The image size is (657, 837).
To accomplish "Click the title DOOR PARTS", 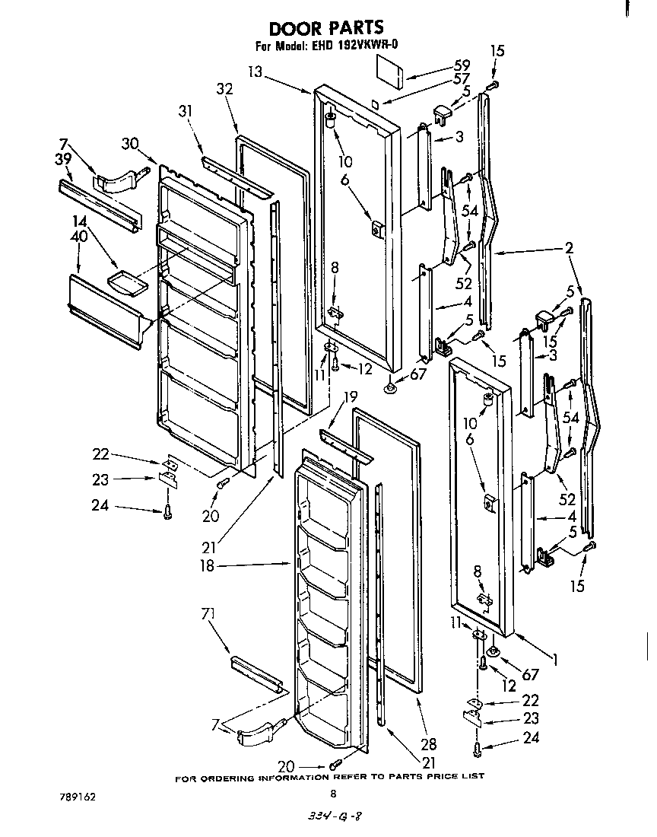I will point(326,29).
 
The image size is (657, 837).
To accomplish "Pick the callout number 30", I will point(129,142).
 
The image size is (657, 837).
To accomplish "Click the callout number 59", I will point(462,65).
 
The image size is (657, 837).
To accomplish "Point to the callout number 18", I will point(206,566).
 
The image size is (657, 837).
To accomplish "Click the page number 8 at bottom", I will point(332,793).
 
